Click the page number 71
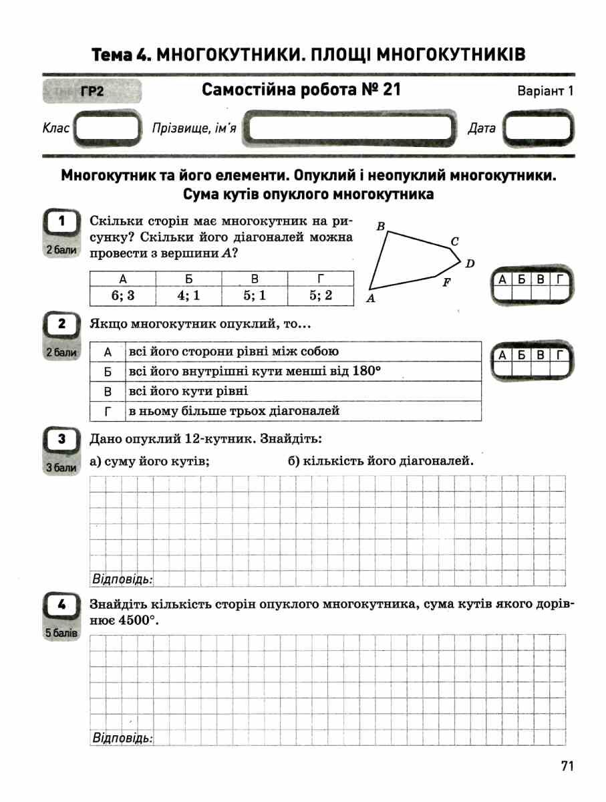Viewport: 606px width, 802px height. click(x=567, y=767)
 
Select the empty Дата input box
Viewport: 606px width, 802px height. click(x=538, y=128)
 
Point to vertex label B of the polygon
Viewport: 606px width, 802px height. click(x=380, y=226)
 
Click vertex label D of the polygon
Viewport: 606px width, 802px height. click(x=470, y=263)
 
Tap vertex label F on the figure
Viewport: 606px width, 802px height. click(x=447, y=282)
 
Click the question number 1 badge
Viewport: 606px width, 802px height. click(x=61, y=221)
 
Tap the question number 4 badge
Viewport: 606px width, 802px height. click(x=61, y=606)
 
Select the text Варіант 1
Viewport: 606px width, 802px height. click(x=545, y=92)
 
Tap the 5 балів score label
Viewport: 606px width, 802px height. click(x=61, y=632)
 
